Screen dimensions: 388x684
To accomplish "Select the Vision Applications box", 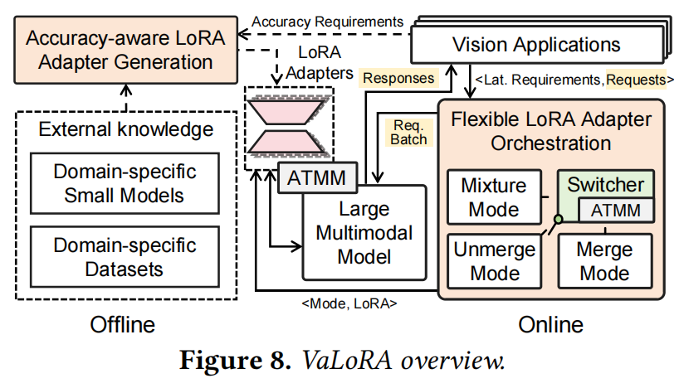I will [535, 44].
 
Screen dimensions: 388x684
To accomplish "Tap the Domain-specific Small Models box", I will [125, 183].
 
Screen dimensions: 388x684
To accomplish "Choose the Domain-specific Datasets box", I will [125, 257].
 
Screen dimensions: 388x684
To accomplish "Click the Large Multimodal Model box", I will [364, 232].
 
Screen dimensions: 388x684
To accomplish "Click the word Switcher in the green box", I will [605, 184].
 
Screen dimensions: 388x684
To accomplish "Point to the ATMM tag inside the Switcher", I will [615, 210].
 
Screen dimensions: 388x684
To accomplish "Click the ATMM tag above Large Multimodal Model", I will [316, 176].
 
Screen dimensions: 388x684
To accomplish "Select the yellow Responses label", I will [398, 79].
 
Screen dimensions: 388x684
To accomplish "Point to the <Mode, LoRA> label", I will [349, 303].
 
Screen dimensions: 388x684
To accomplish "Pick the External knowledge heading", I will [126, 129].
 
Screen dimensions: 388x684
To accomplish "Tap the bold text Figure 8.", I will [233, 362].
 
